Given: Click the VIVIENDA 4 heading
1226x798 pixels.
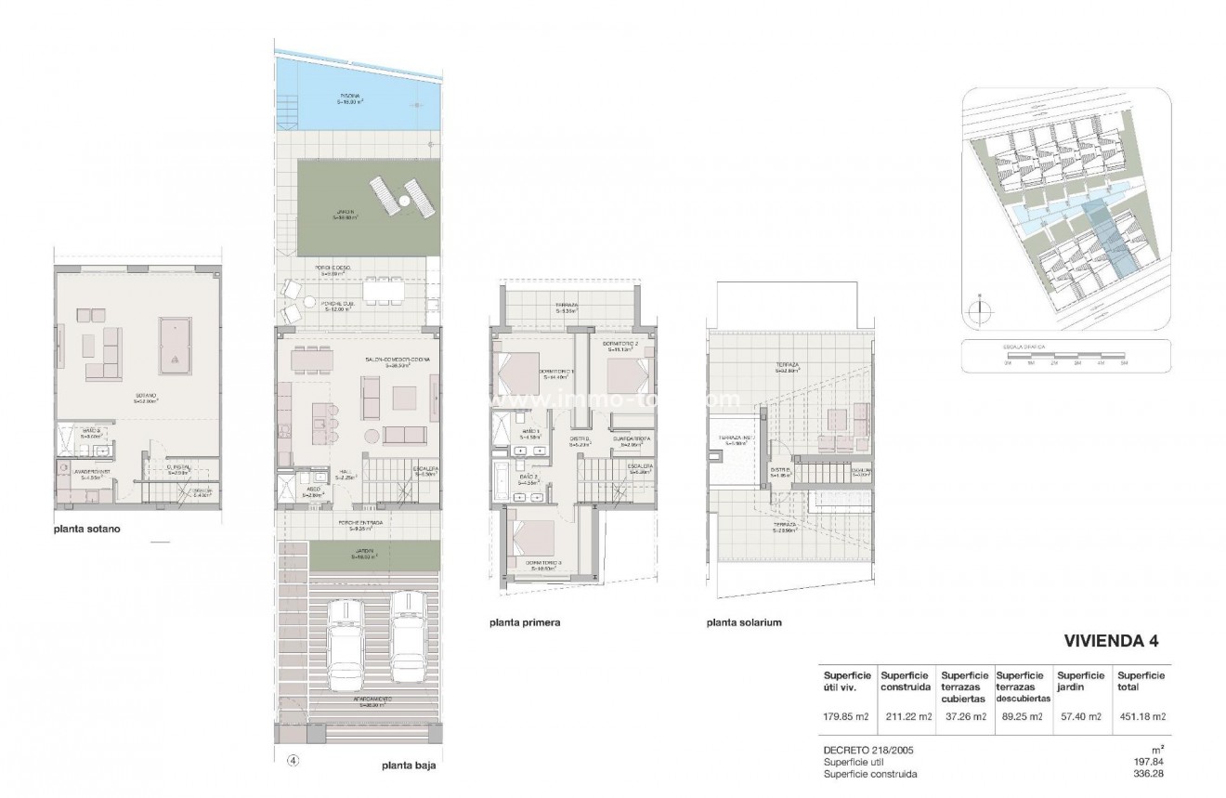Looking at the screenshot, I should [x=1111, y=641].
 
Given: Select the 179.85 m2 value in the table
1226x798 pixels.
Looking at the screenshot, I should [x=844, y=716].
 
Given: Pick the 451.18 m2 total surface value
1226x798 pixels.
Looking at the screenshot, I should [x=1141, y=716].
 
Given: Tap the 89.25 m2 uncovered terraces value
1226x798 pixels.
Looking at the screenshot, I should [x=1021, y=716].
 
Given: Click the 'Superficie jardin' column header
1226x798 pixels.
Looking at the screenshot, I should [x=1080, y=682].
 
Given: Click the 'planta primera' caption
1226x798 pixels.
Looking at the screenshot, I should [x=525, y=622].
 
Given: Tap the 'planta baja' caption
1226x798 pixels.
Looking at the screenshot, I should [x=409, y=767].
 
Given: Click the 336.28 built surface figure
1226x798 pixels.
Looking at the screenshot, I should [x=1148, y=774].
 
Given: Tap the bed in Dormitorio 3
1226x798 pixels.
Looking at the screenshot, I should [x=531, y=540].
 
